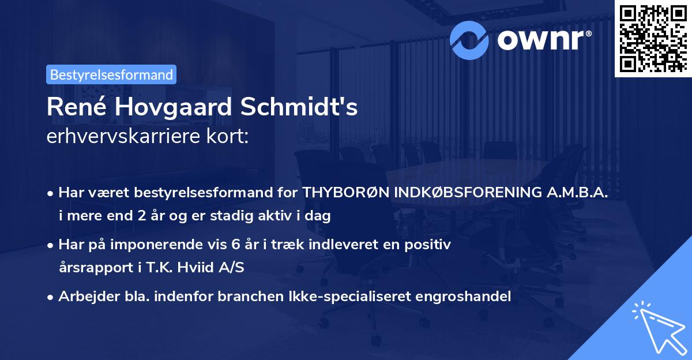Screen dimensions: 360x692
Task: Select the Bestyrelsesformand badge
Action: pyautogui.click(x=111, y=74)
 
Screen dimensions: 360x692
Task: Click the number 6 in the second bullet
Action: pyautogui.click(x=234, y=245)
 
